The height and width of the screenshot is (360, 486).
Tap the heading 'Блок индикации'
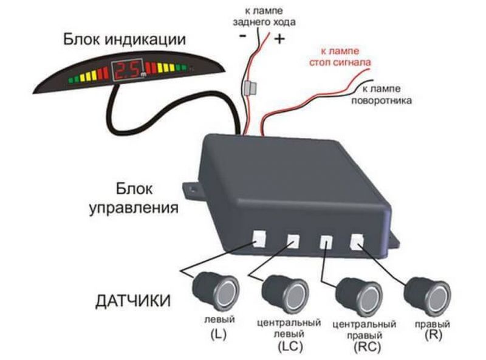[x=124, y=40]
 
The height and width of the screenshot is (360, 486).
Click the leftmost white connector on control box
[x=259, y=238]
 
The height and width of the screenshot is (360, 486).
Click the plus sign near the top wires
[x=279, y=40]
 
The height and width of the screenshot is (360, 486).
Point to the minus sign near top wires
[x=243, y=36]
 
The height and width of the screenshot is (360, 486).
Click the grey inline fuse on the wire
[x=248, y=89]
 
